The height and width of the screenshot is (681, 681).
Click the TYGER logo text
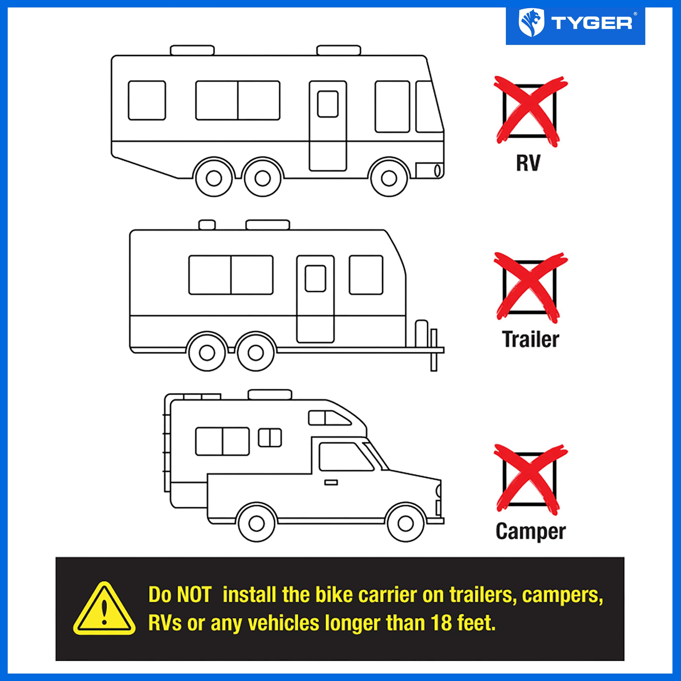pos(592,24)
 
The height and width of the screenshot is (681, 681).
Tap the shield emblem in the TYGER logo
pos(531,23)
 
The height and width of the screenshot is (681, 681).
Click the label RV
pos(528,163)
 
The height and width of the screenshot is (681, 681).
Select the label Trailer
pos(530,339)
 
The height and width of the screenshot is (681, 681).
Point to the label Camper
pos(530,531)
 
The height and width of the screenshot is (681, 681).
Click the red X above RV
pos(530,111)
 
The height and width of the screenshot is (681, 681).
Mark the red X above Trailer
pos(530,287)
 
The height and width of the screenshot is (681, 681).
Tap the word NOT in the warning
pos(194,595)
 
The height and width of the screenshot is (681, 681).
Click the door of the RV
pos(328,126)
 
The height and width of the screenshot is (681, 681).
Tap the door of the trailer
pos(315,299)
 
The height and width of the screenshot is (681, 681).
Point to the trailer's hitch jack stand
pos(434,350)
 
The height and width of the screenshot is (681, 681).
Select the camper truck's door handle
pos(331,482)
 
